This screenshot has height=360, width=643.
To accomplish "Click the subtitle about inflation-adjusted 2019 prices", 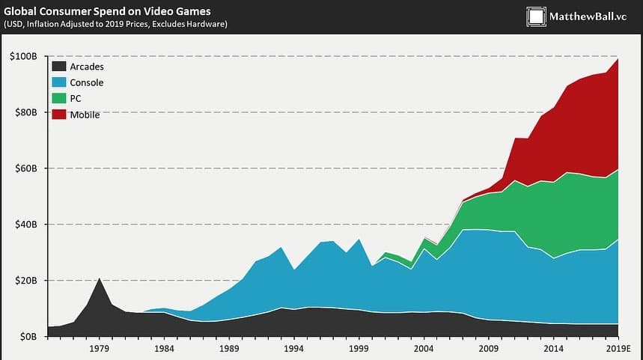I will [115, 24].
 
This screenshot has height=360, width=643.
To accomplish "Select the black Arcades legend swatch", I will [58, 67].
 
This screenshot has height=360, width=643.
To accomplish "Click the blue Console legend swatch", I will [58, 82].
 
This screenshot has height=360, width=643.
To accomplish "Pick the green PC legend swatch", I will [58, 98].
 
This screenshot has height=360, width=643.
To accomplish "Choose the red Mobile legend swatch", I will [58, 114].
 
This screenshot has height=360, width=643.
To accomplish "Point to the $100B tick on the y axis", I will [25, 57].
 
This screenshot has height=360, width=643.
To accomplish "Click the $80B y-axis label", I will [27, 113].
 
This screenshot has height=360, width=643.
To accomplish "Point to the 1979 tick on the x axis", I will [100, 349].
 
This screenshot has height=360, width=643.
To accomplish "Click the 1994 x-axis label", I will [294, 349].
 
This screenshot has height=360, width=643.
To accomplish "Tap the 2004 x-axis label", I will [424, 349].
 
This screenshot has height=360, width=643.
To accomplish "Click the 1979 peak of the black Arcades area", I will [100, 279].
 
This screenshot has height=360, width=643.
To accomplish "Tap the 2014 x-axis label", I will [553, 349].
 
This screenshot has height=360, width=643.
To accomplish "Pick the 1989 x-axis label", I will [229, 349].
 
